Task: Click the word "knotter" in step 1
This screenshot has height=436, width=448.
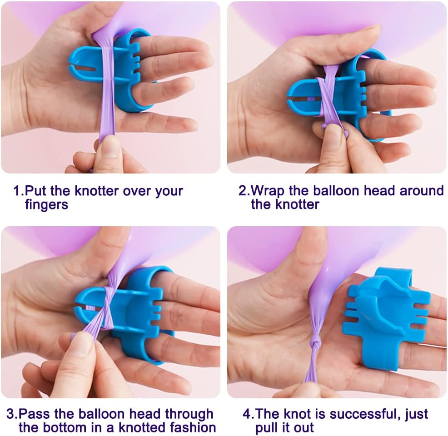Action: (96, 191)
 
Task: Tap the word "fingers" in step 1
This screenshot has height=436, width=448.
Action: (46, 205)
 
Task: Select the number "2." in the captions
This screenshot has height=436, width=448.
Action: (244, 190)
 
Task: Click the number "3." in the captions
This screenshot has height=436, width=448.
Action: (12, 414)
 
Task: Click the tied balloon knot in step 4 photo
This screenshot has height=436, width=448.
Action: (315, 341)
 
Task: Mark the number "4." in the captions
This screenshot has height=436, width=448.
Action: (249, 414)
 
